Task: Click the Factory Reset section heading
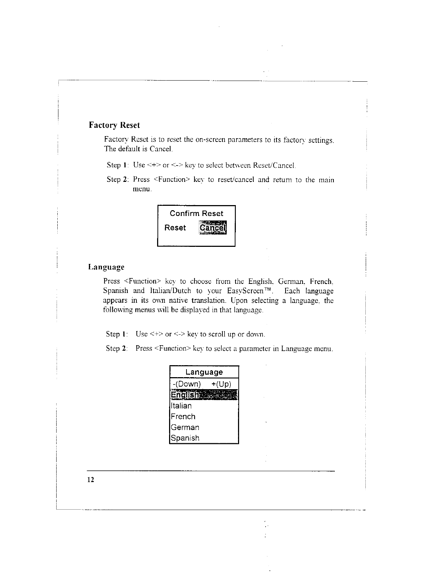coord(114,125)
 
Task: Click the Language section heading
coord(106,267)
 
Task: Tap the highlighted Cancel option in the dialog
coord(213,228)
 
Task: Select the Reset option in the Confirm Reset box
coord(175,228)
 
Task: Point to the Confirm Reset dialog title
coord(196,213)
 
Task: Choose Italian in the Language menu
coord(181,406)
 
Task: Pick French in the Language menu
coord(183,416)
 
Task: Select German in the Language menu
coord(185,427)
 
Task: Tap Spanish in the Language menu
coord(185,438)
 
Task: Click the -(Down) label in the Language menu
coord(187,384)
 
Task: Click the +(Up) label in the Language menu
coord(221,384)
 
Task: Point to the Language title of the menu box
coord(204,372)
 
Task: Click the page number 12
coord(90,480)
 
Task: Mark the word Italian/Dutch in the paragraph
coord(170,291)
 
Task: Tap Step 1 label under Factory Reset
coord(116,165)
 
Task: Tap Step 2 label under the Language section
coord(116,348)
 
